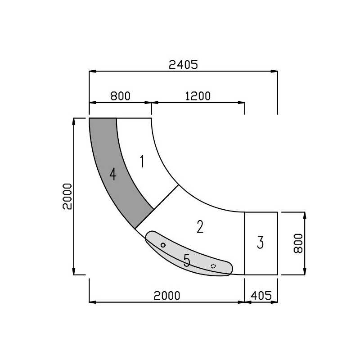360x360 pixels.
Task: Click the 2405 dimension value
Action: click(x=183, y=65)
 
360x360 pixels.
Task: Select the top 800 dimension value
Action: click(x=120, y=96)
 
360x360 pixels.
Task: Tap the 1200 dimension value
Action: click(x=198, y=96)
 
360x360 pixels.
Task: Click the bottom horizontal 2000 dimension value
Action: click(x=166, y=296)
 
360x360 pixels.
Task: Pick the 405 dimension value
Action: click(x=261, y=296)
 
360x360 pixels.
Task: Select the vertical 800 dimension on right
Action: click(x=297, y=243)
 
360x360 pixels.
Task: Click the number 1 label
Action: click(x=142, y=161)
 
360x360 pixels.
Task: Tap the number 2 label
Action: click(x=200, y=227)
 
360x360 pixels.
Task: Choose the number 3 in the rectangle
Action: click(x=260, y=242)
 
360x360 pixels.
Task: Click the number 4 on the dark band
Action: click(x=112, y=174)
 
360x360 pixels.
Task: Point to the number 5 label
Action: click(x=187, y=260)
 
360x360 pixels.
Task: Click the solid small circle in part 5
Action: click(x=163, y=245)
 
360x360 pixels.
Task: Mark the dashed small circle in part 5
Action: click(x=213, y=266)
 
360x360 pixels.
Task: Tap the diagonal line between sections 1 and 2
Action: click(x=166, y=197)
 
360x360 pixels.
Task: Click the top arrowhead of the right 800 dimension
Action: click(x=306, y=215)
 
